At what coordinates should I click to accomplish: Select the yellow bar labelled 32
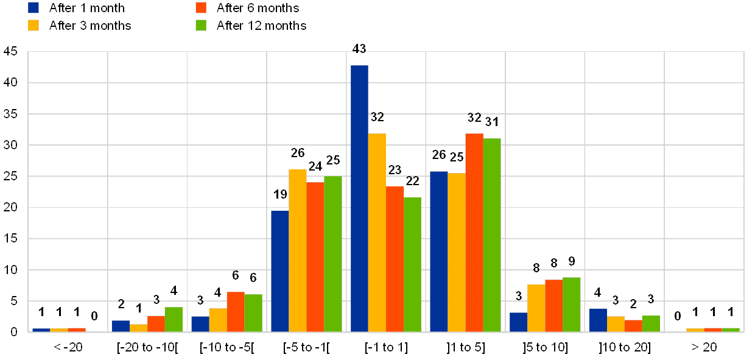point(377,232)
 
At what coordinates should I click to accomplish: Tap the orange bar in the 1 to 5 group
point(474,232)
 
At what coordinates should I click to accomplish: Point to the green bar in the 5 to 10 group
point(572,304)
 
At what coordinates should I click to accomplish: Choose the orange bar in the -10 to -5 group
point(236,311)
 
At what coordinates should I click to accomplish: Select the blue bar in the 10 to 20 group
point(598,320)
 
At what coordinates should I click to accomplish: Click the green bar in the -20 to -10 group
point(174,319)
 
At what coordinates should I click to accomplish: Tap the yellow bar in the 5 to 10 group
point(536,308)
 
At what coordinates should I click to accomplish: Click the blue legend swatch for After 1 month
point(34,8)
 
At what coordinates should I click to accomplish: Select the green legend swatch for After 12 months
point(202,26)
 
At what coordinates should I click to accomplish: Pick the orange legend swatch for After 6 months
point(202,8)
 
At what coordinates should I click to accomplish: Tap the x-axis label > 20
point(704,347)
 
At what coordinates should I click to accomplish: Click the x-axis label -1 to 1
point(385,347)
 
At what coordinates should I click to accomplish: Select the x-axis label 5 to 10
point(545,347)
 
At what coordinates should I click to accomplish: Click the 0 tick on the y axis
point(14,332)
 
